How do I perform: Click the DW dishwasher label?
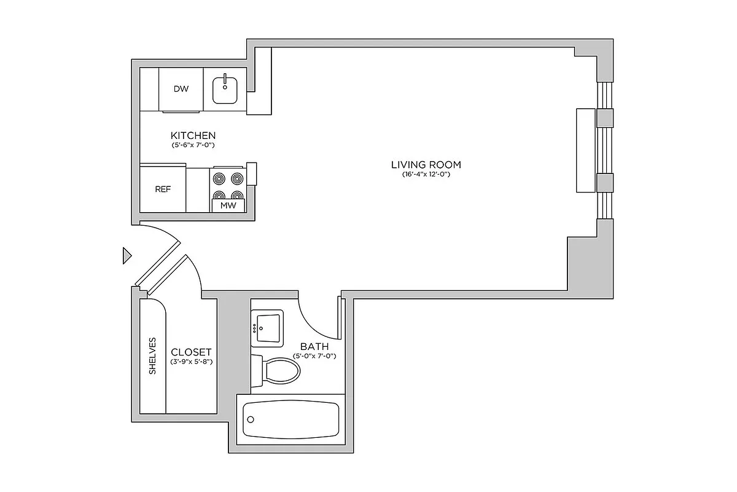181,89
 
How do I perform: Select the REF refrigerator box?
163,189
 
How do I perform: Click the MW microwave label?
228,205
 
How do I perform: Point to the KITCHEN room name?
193,135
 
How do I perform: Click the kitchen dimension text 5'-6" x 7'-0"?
193,146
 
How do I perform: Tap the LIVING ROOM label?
426,165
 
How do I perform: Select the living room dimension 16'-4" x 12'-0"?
426,175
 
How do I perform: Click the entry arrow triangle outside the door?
127,255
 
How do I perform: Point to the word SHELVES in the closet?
152,355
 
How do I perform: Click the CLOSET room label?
191,352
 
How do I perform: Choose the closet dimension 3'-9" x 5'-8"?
191,362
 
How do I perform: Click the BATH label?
314,346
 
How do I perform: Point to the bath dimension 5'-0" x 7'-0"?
314,356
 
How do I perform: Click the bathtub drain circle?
251,419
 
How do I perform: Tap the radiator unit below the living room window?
586,151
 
